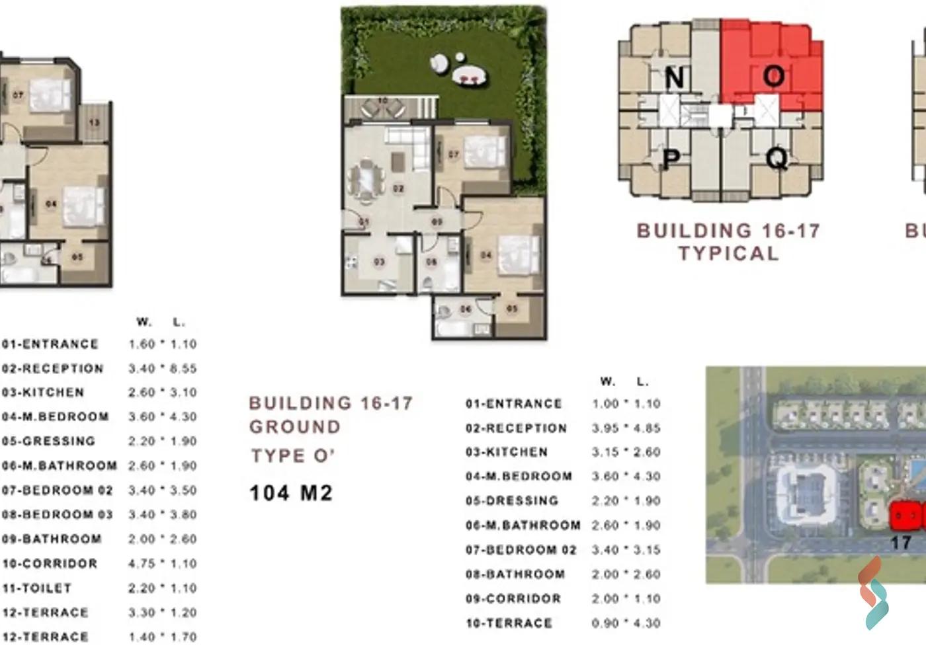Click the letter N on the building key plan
(x=674, y=78)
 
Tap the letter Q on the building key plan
(x=777, y=159)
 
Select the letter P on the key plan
(x=671, y=159)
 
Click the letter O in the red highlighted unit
(x=773, y=77)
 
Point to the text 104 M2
(x=291, y=493)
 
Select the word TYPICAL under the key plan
(x=728, y=254)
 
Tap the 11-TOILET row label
(x=37, y=588)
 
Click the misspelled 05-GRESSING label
(x=49, y=441)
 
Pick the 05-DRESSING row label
(x=512, y=501)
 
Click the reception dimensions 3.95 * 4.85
(x=626, y=428)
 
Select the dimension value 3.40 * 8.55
(x=163, y=369)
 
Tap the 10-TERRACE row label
(x=509, y=623)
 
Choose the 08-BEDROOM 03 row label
(x=58, y=514)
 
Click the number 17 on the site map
(x=900, y=543)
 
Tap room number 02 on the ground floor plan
(x=398, y=189)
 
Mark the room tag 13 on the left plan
(x=95, y=123)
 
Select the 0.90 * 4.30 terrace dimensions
(x=626, y=623)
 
